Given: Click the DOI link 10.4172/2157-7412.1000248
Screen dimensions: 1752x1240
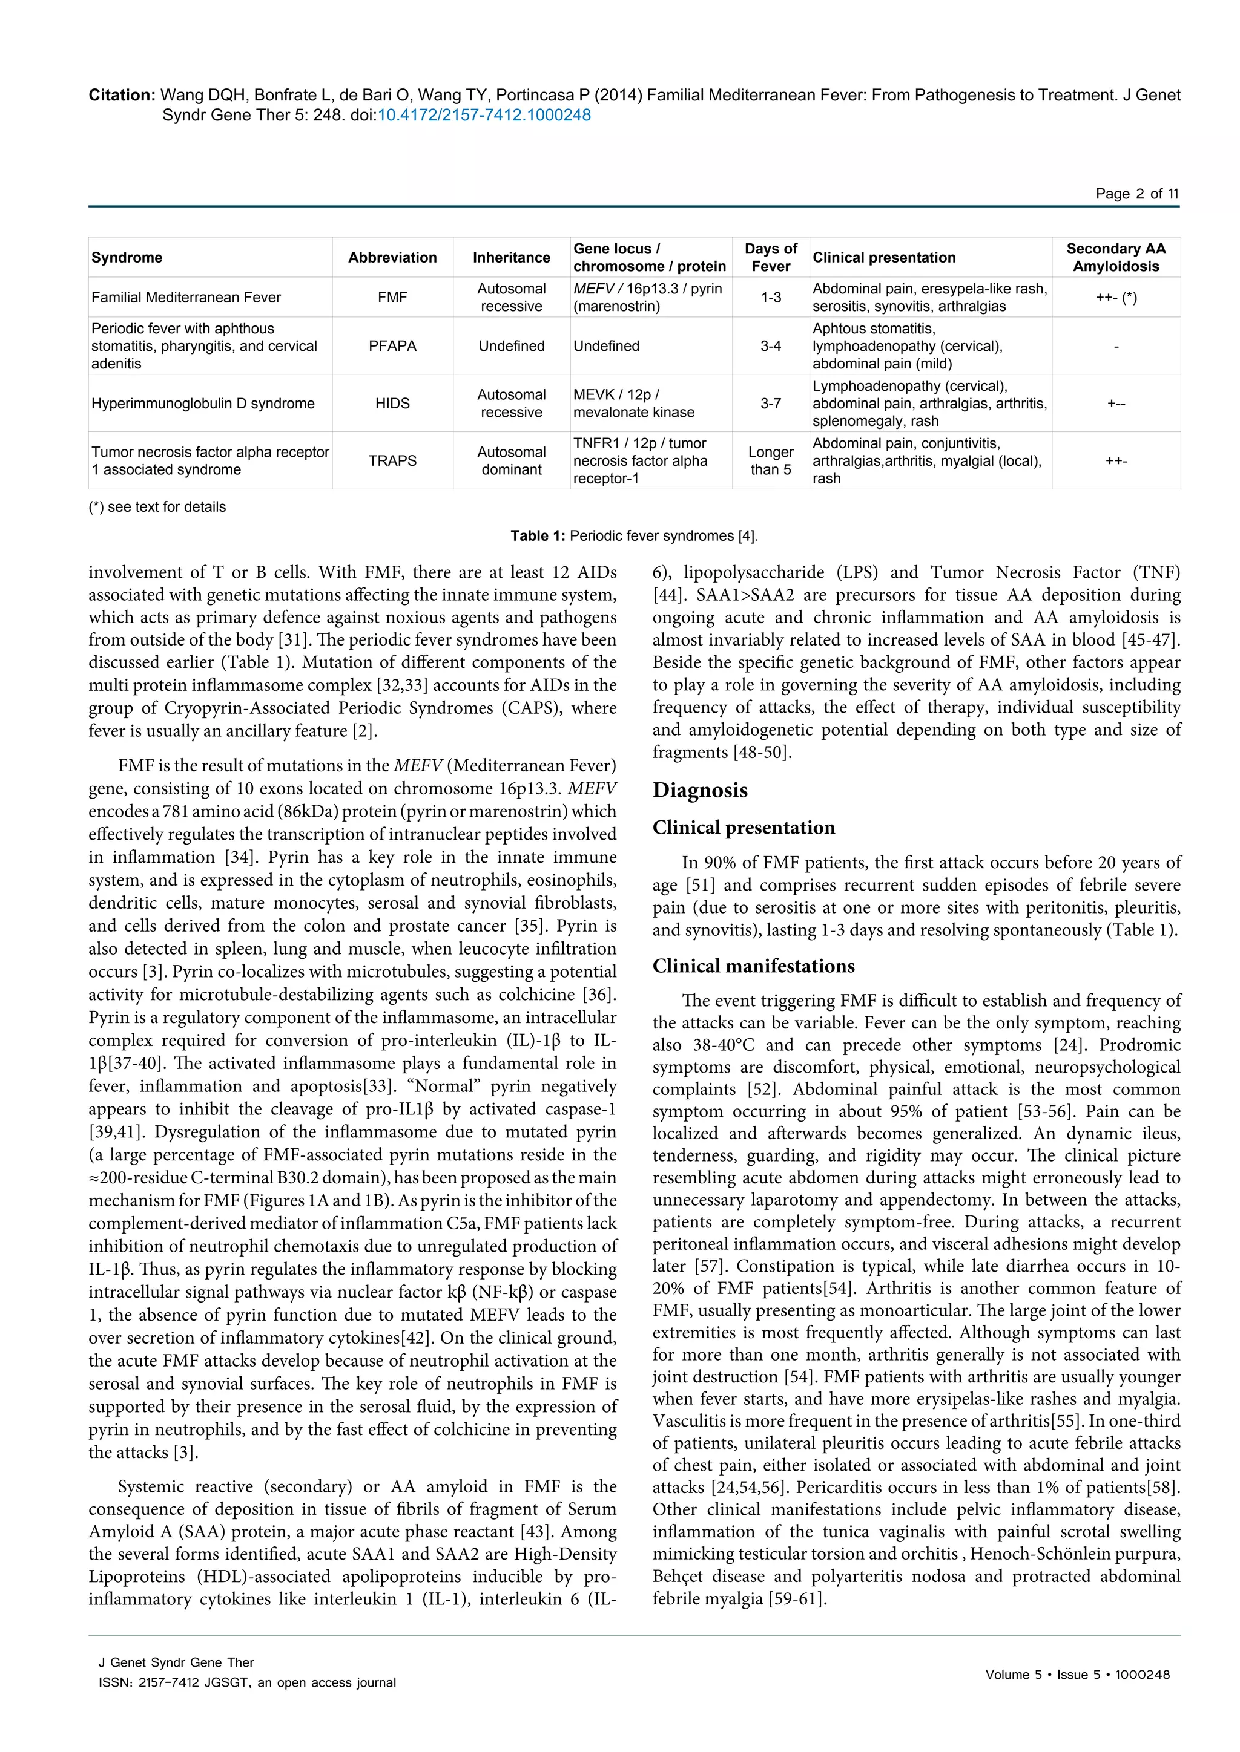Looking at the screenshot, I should click(x=484, y=115).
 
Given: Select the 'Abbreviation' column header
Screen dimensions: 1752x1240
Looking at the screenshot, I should click(x=392, y=257).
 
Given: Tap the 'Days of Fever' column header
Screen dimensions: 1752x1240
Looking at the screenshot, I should click(x=770, y=257).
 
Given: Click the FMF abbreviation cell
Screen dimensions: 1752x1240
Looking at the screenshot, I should click(x=392, y=298).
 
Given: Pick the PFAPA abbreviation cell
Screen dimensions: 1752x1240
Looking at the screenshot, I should click(x=392, y=345).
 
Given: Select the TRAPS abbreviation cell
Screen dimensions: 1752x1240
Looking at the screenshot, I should click(x=392, y=461).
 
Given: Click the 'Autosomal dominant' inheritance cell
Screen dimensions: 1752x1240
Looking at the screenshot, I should click(x=511, y=461).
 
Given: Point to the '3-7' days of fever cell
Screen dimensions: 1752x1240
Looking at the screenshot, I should click(x=770, y=403).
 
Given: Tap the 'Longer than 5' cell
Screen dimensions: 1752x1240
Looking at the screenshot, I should click(x=770, y=461).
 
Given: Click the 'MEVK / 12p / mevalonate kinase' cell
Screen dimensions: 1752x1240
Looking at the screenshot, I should click(x=634, y=403).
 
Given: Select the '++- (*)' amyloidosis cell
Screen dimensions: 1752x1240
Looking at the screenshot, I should click(x=1115, y=298).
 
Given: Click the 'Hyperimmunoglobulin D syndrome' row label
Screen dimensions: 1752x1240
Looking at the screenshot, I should click(x=203, y=403).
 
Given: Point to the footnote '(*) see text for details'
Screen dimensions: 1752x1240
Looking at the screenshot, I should click(x=157, y=507).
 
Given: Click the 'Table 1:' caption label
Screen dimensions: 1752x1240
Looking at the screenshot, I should click(x=538, y=535).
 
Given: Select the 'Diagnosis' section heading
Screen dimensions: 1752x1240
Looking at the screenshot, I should click(x=699, y=789).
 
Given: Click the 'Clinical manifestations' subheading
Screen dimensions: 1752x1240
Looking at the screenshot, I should click(x=753, y=966).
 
